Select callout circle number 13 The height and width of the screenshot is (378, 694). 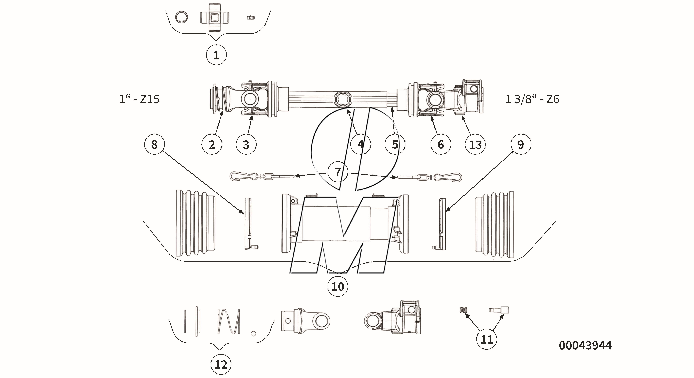(475, 145)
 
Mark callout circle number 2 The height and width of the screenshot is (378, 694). (212, 145)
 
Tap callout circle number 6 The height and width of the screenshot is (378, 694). (441, 145)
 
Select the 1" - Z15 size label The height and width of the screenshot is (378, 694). (139, 99)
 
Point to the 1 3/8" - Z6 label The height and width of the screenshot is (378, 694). (532, 99)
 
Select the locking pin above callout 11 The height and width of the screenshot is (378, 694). (499, 310)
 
